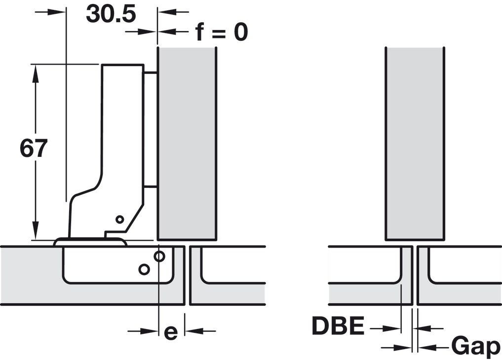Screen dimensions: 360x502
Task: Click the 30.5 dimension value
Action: [x=111, y=14]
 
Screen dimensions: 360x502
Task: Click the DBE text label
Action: [x=338, y=326]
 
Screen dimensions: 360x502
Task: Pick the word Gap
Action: [x=475, y=347]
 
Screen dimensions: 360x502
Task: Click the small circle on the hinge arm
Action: [x=119, y=218]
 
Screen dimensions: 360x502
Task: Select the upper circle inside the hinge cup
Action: [x=159, y=256]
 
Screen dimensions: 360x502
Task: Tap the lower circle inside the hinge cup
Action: [x=144, y=269]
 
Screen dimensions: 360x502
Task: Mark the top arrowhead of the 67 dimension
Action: [x=36, y=72]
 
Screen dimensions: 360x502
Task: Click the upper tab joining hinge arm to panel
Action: [x=150, y=73]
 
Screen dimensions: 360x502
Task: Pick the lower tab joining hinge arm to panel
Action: [x=150, y=187]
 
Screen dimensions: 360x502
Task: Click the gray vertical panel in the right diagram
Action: [x=415, y=143]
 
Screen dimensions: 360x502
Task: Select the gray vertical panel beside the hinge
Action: [x=186, y=143]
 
